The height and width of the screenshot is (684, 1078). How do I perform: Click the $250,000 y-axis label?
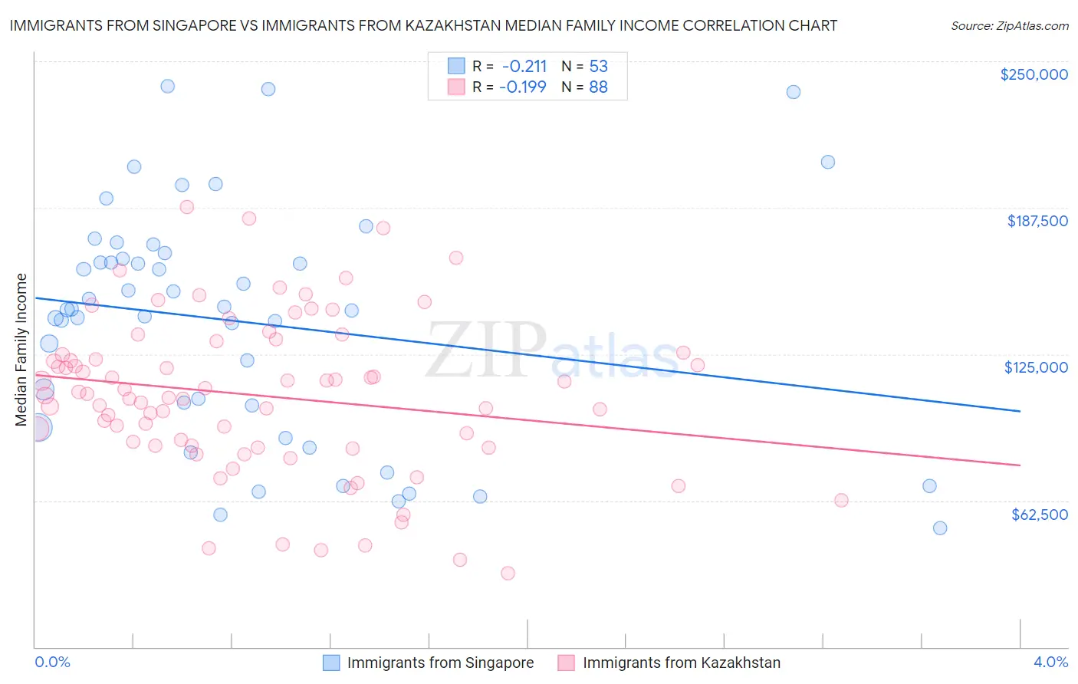coord(1034,74)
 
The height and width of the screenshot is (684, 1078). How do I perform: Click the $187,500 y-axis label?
coord(1037,221)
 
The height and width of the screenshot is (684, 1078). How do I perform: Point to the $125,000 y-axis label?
coord(1036,367)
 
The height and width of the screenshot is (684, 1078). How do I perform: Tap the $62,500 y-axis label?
coord(1039,514)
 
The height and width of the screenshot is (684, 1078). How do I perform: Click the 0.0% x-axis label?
coord(52,662)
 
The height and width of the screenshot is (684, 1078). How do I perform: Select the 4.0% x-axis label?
coord(1050,662)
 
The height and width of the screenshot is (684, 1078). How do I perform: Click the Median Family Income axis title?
coord(21,350)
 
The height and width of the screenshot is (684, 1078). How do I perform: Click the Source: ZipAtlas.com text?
coord(1009,25)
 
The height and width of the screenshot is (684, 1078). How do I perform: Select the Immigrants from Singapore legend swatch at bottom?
coord(331,663)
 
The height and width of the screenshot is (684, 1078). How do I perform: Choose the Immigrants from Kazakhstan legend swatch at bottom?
coord(567,663)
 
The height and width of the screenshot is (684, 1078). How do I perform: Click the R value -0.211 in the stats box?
coord(524,66)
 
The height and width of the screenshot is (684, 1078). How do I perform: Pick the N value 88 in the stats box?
coord(598,87)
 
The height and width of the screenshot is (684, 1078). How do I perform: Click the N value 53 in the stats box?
coord(598,66)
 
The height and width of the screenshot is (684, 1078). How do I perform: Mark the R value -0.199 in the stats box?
coord(523,87)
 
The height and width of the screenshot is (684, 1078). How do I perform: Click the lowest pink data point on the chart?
coord(508,573)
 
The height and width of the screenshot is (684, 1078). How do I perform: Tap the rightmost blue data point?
coord(940,528)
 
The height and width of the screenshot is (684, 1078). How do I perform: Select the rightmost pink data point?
coord(841,500)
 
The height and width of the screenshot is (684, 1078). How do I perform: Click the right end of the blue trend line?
coord(1020,411)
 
